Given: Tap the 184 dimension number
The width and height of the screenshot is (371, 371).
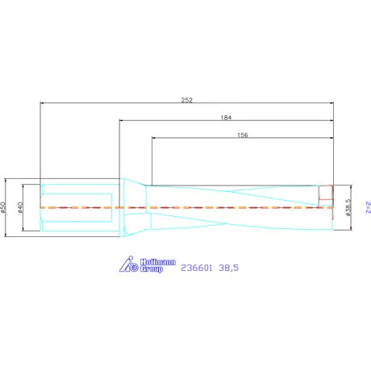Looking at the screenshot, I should (x=227, y=117).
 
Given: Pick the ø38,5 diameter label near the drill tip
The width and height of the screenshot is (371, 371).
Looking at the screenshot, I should (x=348, y=207).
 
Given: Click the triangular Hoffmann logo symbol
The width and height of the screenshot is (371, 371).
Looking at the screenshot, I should (x=130, y=264).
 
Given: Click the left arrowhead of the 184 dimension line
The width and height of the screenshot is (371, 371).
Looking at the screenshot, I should (x=122, y=121).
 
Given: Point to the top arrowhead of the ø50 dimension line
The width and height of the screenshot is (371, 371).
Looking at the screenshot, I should (x=7, y=180).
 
